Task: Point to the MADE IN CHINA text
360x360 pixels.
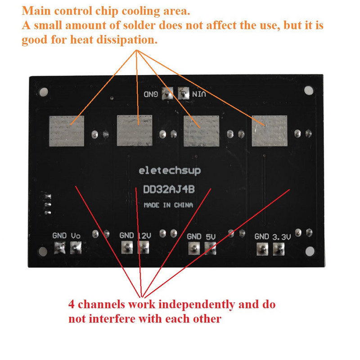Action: [168, 205]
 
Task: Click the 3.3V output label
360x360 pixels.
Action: [282, 237]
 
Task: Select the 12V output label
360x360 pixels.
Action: [144, 235]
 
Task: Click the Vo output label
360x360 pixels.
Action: [76, 236]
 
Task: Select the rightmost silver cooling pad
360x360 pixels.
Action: [269, 130]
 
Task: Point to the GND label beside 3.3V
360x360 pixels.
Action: [262, 237]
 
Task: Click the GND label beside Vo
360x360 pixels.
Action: [59, 236]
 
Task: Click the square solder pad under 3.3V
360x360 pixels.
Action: [279, 248]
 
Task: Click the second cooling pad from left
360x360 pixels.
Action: [135, 130]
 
